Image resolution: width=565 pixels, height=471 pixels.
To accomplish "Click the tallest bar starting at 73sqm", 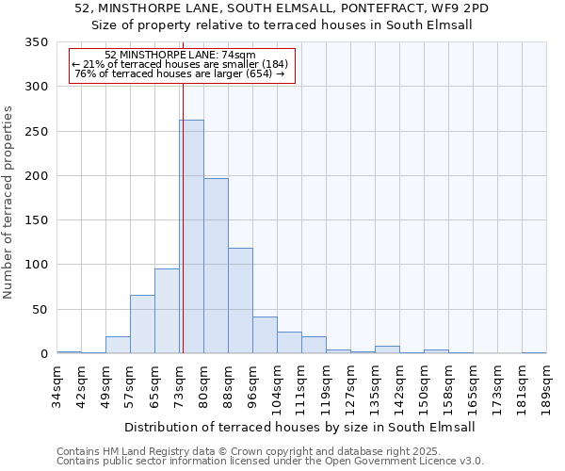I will [191, 236].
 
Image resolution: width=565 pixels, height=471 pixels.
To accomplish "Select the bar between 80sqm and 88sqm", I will [216, 266].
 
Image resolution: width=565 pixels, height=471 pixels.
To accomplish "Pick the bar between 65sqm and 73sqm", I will [167, 311].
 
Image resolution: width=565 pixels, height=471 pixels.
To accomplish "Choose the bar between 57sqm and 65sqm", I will [142, 324].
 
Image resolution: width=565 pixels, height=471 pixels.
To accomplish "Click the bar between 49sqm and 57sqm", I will [118, 345].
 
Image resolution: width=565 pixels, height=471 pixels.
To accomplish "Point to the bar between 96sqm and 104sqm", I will [265, 335].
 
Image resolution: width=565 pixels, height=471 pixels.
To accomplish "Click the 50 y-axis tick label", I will [40, 309].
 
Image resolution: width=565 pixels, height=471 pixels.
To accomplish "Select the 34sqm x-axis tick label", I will [56, 385].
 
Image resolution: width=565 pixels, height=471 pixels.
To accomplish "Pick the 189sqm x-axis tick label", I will [546, 385].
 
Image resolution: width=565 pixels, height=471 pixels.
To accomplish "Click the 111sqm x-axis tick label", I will [301, 385].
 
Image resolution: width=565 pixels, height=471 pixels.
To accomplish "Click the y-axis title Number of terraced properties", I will [9, 203].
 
